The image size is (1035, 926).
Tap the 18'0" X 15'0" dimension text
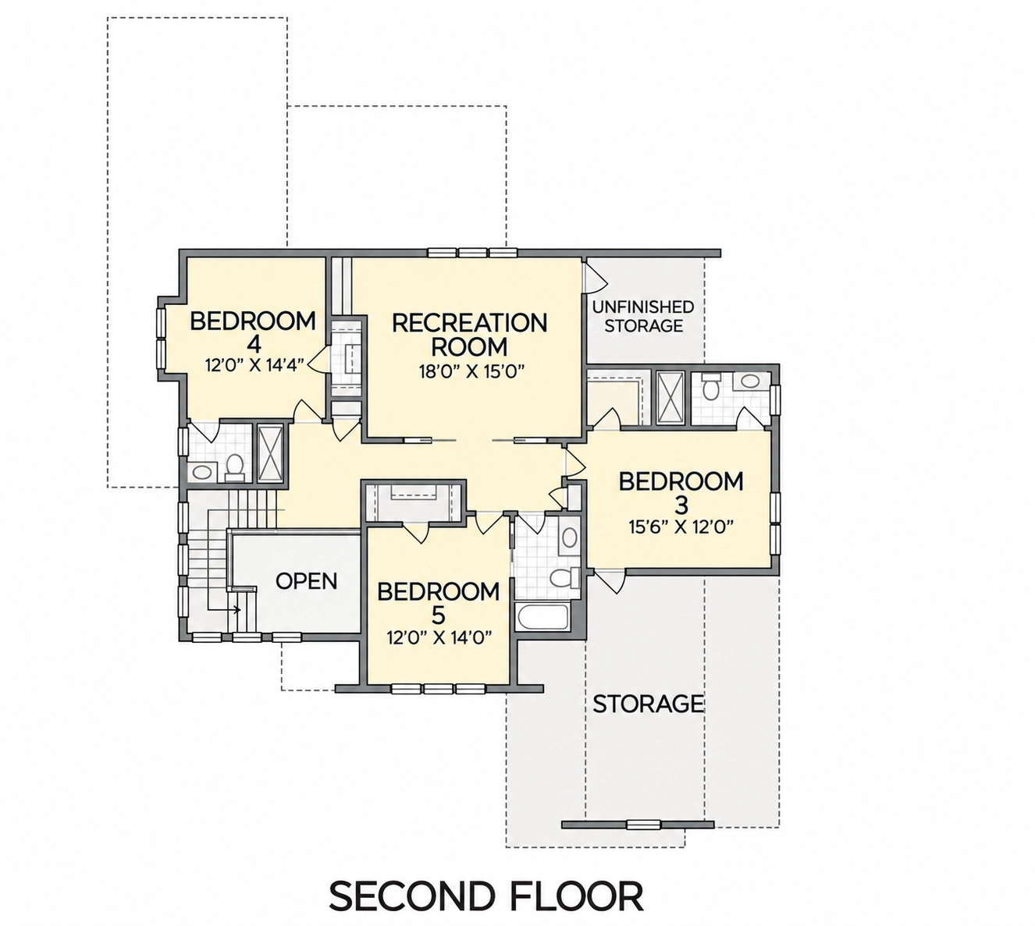click(x=472, y=371)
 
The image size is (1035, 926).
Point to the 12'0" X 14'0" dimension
click(x=439, y=637)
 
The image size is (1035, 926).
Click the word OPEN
click(x=307, y=580)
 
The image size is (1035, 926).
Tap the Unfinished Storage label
click(x=643, y=316)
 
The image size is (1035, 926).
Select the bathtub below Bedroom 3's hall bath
click(x=542, y=617)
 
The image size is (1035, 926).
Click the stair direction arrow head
click(x=237, y=609)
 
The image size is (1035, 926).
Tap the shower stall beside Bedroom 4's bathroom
click(x=270, y=453)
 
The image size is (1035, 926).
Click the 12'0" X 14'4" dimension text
click(x=254, y=365)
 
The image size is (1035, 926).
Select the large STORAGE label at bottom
click(x=649, y=704)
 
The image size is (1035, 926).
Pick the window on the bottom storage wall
click(x=643, y=825)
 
